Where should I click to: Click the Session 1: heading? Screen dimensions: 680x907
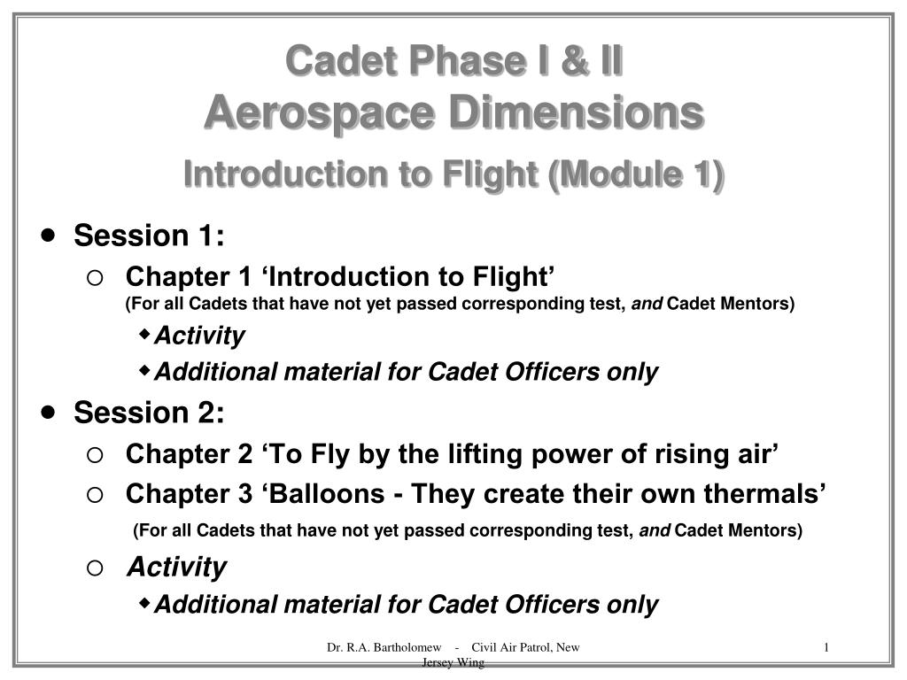pos(149,236)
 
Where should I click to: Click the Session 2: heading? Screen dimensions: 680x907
pos(149,413)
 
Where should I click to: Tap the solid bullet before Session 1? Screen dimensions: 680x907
pos(49,236)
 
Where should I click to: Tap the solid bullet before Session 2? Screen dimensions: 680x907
pos(49,412)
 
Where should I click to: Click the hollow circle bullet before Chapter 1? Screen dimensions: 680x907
pos(95,278)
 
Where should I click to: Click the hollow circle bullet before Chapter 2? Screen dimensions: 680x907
pos(95,455)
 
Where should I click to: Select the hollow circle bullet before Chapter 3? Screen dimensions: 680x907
pos(95,494)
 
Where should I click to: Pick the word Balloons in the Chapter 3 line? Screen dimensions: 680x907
pos(329,493)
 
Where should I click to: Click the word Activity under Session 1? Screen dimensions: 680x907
pos(199,336)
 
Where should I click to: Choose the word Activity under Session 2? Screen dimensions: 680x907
pos(176,567)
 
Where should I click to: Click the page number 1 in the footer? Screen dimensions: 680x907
pos(826,647)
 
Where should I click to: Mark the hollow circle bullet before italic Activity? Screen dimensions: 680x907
pos(95,568)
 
